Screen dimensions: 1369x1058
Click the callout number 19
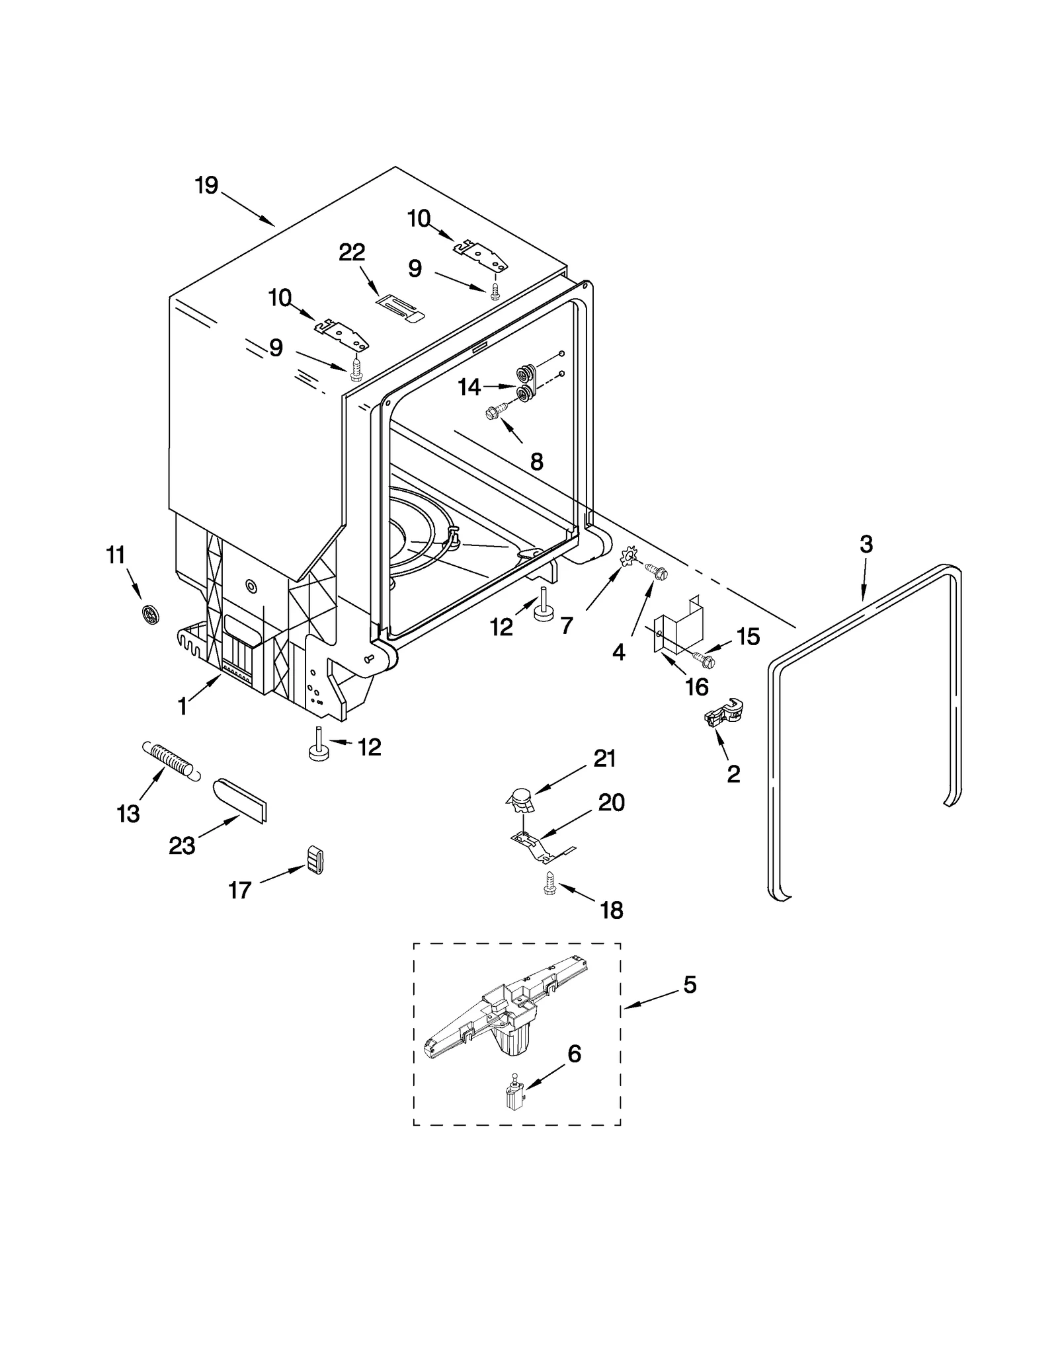[206, 185]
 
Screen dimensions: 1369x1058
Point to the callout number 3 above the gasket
[866, 545]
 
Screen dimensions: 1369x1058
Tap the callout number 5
[690, 1004]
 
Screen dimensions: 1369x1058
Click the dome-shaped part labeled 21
[521, 801]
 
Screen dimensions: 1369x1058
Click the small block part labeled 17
[315, 859]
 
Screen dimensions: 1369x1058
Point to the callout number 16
[697, 687]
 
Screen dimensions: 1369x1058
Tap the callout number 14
[469, 387]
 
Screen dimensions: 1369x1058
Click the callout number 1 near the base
[183, 707]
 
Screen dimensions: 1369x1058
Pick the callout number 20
[611, 802]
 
